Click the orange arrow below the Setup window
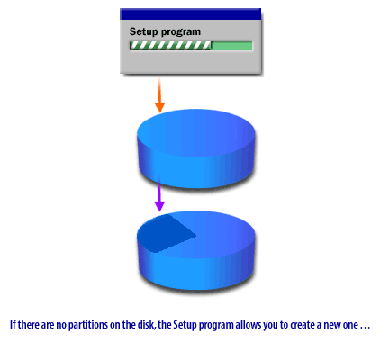coord(159,95)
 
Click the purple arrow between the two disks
coord(159,194)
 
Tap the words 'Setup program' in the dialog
coord(165,31)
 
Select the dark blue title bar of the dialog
coord(190,14)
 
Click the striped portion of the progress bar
coord(170,45)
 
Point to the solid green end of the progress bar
coord(231,45)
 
